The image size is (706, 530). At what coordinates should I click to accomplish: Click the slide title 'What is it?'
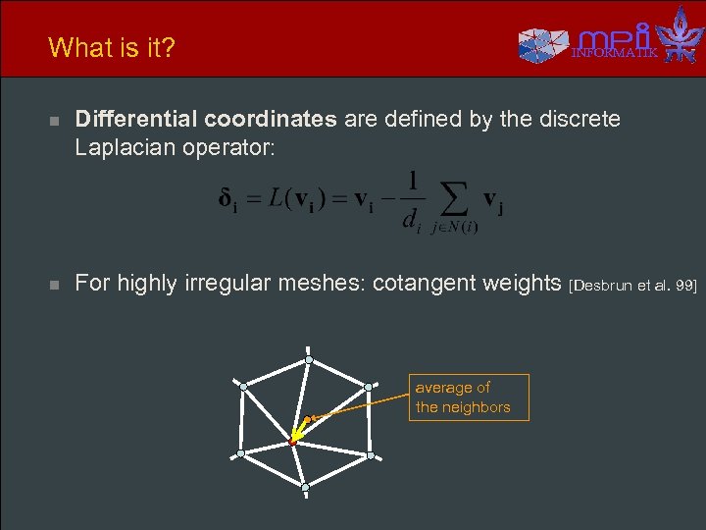(x=111, y=47)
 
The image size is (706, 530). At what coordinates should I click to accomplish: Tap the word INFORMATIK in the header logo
(x=615, y=53)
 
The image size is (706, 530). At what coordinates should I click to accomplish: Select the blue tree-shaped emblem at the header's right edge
(x=680, y=35)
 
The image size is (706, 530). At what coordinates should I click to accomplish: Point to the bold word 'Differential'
(x=136, y=120)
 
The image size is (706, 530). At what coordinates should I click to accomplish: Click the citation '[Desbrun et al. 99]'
(x=632, y=286)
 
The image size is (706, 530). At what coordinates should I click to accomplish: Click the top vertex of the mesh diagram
(x=308, y=360)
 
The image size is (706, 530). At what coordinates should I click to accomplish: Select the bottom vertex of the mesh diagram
(x=305, y=486)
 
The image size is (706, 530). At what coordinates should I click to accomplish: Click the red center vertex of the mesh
(x=292, y=444)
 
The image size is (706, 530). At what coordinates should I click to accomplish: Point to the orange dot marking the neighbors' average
(x=306, y=420)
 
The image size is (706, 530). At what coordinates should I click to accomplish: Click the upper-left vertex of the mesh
(x=243, y=388)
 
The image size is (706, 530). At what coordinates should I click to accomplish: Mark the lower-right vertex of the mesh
(x=370, y=454)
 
